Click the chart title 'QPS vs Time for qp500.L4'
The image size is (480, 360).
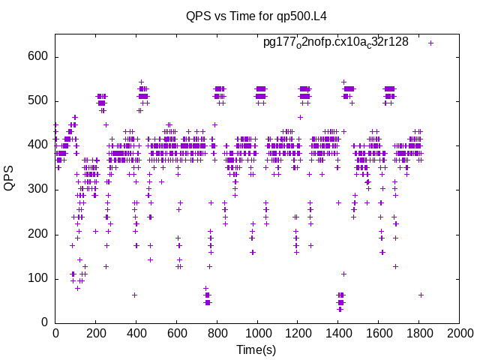pos(257,16)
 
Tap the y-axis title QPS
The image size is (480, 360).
pos(10,178)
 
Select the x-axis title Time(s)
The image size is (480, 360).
pos(257,349)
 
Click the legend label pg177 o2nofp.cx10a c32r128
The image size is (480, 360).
pos(335,42)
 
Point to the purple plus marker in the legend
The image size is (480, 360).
pos(430,43)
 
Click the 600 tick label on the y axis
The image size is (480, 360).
pos(38,57)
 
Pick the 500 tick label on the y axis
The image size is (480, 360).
pos(38,101)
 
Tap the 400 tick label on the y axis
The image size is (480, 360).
pos(38,145)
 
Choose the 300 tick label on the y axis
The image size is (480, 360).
pos(38,190)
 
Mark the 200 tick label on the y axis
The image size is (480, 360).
pos(38,234)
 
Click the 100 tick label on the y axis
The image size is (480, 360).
pos(38,279)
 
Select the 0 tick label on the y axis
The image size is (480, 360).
pos(45,323)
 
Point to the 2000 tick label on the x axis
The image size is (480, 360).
pos(460,333)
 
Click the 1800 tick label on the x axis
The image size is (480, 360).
pos(419,333)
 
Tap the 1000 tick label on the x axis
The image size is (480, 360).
pos(257,333)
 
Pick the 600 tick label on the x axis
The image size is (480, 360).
pos(176,333)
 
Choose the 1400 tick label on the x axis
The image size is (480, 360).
pos(338,333)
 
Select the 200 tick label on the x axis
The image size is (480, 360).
pos(95,333)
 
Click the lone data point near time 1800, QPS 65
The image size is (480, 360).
pos(421,295)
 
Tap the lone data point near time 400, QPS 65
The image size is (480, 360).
pos(135,295)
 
